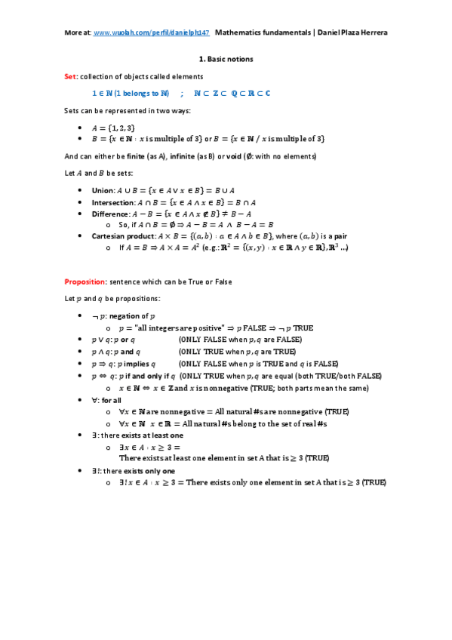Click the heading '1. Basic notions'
click(226, 58)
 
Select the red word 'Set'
click(70, 77)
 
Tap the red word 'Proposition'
click(85, 282)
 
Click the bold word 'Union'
click(103, 192)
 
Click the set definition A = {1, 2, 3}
click(114, 128)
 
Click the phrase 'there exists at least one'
click(142, 436)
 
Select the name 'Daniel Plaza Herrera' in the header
click(351, 33)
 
